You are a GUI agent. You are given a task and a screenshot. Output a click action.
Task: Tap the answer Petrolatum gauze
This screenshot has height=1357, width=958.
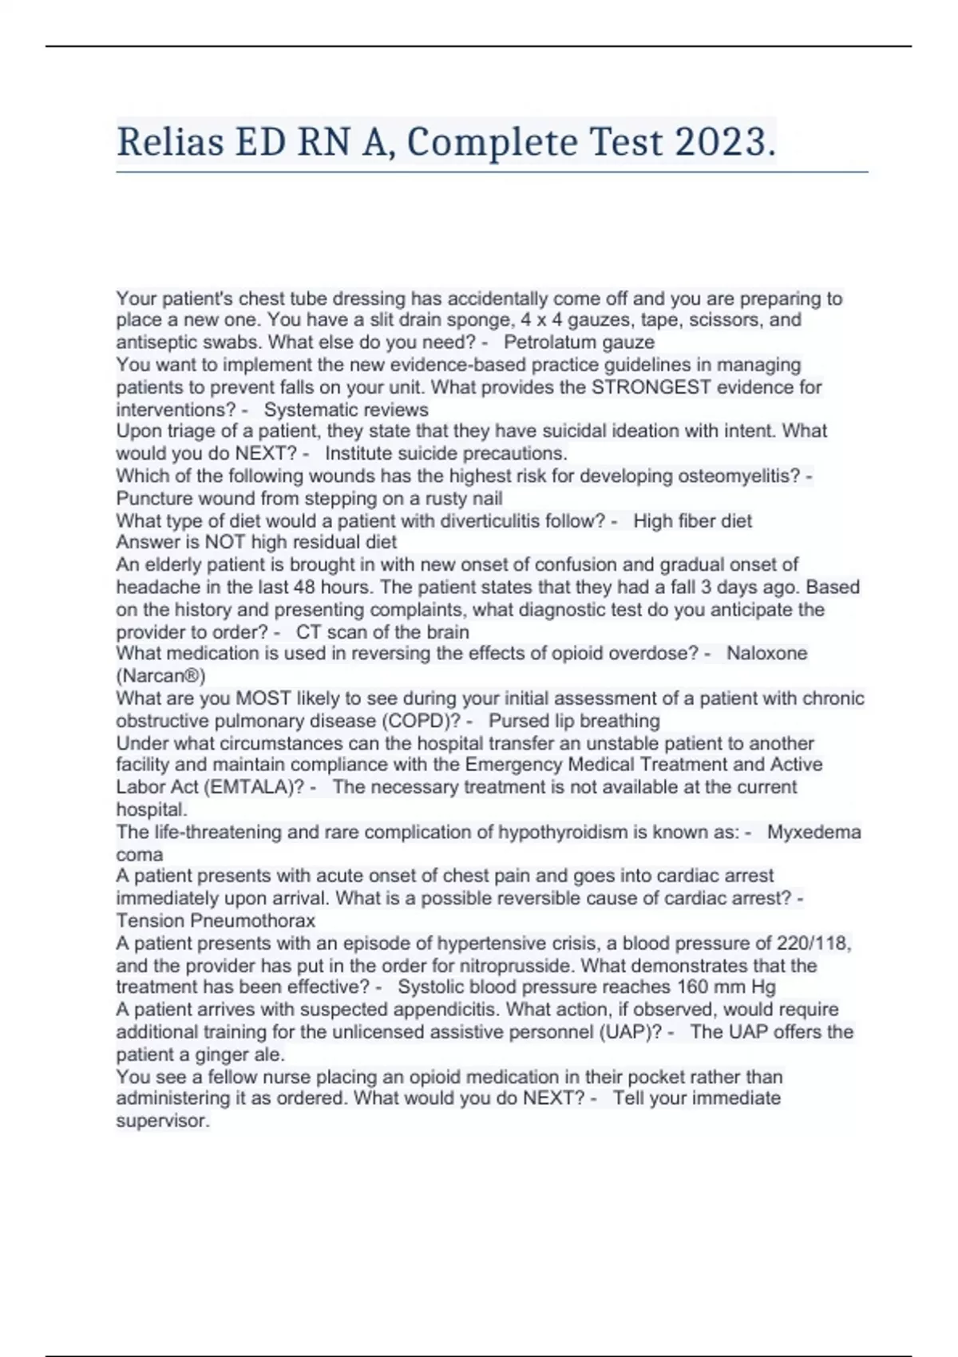click(x=579, y=342)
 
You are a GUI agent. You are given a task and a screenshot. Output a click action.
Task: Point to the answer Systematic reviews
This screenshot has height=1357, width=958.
click(x=346, y=409)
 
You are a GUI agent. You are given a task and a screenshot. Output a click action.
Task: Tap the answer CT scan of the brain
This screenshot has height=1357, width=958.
click(x=382, y=632)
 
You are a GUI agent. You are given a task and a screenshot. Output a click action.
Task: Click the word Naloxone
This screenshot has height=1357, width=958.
click(x=766, y=653)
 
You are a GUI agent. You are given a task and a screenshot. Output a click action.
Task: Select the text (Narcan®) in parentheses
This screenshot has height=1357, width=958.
click(x=160, y=676)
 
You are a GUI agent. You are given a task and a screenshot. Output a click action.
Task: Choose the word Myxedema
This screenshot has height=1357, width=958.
click(x=814, y=832)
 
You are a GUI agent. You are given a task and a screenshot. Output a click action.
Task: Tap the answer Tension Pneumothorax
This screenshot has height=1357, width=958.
click(x=216, y=920)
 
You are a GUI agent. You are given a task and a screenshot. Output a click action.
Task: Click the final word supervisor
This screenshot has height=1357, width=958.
click(x=163, y=1121)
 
